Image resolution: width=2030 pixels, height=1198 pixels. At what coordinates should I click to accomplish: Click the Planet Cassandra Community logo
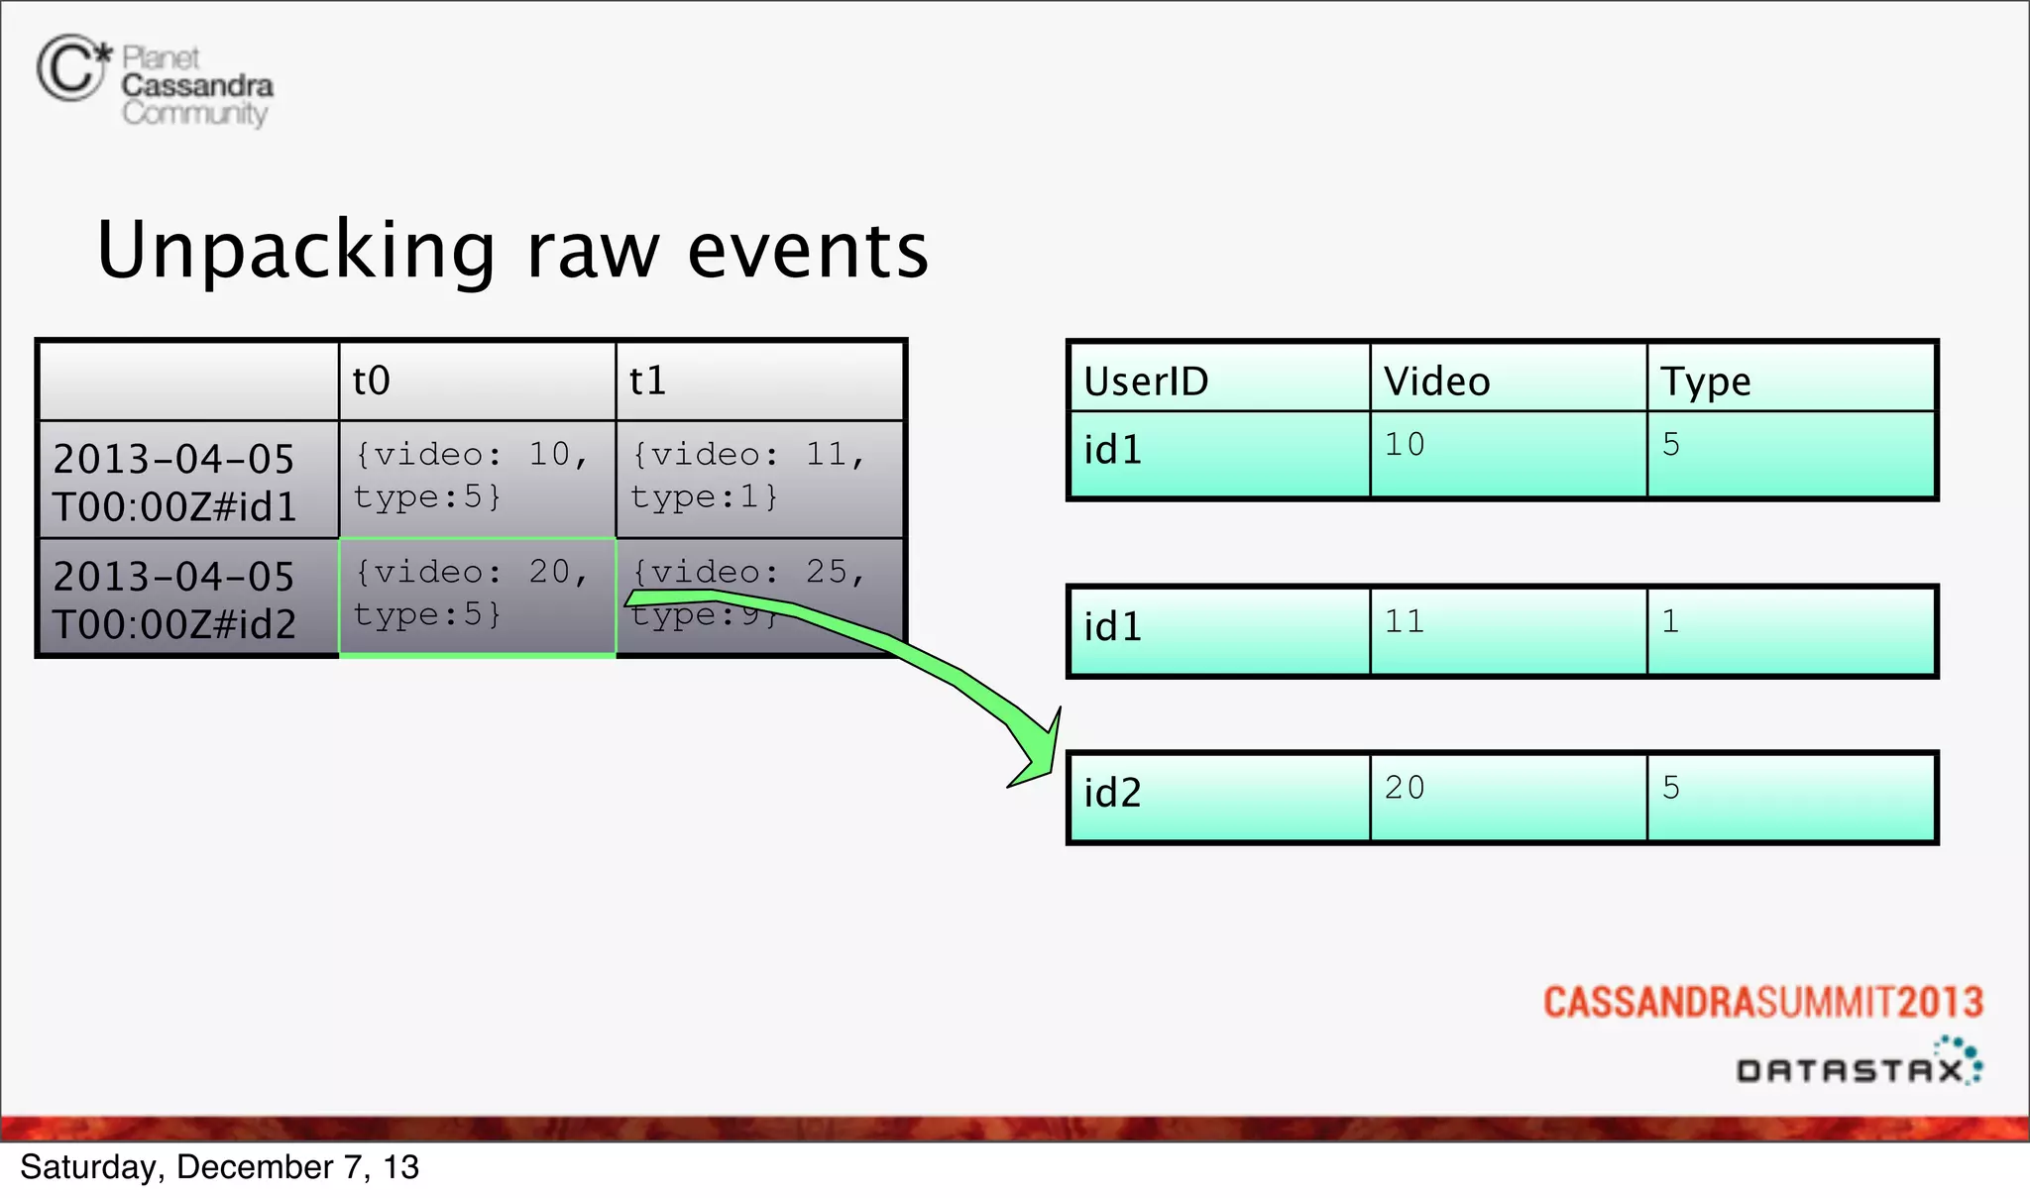click(x=155, y=81)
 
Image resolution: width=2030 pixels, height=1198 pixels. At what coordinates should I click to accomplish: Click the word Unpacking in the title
click(x=295, y=251)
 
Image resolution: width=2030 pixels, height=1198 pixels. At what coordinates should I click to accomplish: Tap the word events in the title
click(x=808, y=251)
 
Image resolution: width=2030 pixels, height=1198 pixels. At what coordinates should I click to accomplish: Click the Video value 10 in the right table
click(x=1406, y=445)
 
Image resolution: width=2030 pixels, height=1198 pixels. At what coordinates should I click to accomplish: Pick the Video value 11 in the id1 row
click(x=1406, y=621)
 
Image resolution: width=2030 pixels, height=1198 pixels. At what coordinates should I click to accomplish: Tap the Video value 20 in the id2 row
click(x=1406, y=788)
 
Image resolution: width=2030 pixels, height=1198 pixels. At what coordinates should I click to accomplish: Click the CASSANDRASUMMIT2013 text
click(x=1762, y=1002)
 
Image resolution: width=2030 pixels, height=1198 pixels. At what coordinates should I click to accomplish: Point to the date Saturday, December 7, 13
click(x=219, y=1167)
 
